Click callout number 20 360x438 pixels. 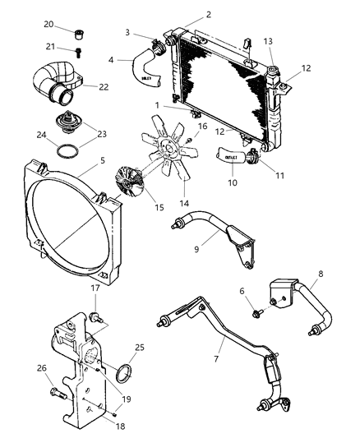click(x=48, y=24)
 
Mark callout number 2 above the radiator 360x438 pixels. click(x=207, y=14)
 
